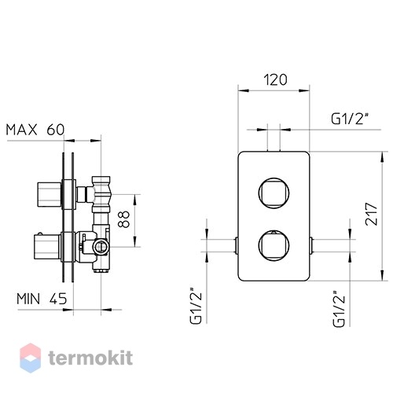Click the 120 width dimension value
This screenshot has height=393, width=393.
click(275, 79)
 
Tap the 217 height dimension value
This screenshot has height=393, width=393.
click(372, 214)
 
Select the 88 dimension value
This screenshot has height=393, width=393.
click(124, 219)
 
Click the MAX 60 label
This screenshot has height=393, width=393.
click(35, 130)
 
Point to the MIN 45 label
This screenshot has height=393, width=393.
click(42, 299)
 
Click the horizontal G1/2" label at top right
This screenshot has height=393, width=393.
click(348, 119)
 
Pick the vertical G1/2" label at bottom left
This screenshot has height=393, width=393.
click(196, 305)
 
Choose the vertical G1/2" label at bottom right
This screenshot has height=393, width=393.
click(339, 308)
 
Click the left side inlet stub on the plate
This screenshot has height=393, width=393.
click(236, 245)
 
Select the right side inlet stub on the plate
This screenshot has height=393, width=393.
click(311, 245)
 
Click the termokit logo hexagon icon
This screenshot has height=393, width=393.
click(31, 358)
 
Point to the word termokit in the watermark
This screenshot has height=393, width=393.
click(90, 358)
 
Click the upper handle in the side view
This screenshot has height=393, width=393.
click(50, 194)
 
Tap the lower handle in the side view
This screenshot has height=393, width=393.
click(47, 246)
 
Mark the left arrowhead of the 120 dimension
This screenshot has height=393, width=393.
click(244, 90)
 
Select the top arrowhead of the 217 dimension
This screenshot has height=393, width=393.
click(382, 157)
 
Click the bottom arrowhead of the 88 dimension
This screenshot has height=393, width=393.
click(135, 241)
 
